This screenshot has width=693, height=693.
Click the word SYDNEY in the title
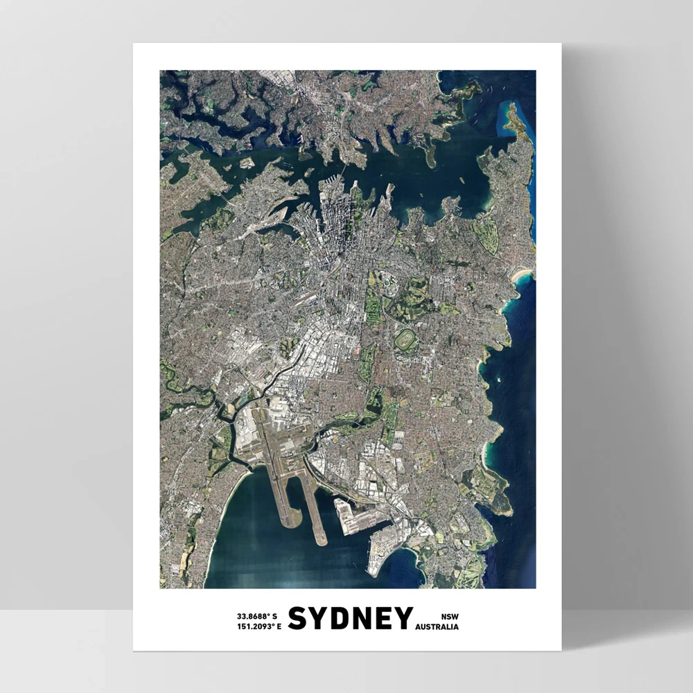[x=350, y=619]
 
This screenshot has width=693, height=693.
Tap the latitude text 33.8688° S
[x=257, y=615]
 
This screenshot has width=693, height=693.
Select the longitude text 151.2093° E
[x=258, y=627]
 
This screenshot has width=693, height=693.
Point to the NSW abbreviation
[x=450, y=615]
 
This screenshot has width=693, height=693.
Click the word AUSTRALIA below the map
[x=437, y=627]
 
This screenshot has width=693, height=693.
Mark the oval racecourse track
[x=405, y=340]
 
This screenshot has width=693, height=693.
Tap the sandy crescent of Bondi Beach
[x=521, y=276]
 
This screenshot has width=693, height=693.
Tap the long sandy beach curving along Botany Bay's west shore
[x=218, y=520]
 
